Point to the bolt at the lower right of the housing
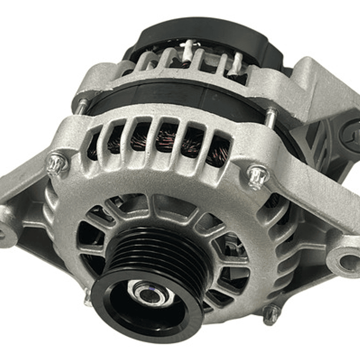click(x=271, y=314)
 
